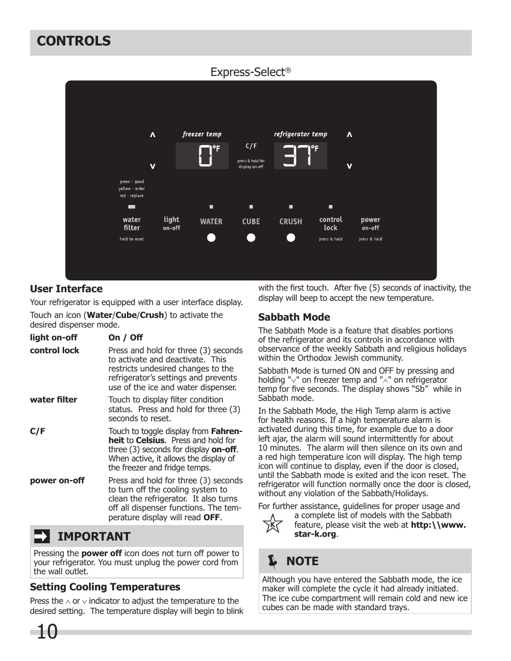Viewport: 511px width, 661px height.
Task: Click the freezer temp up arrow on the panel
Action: tap(153, 135)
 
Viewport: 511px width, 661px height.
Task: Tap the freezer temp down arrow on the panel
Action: tap(153, 166)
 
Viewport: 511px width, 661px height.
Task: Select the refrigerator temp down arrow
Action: tap(349, 166)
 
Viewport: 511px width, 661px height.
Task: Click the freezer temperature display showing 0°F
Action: tap(202, 156)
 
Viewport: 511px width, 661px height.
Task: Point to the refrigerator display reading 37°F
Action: tap(300, 156)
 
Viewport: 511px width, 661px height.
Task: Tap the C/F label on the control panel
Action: tap(251, 146)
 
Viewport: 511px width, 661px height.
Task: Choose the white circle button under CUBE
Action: tap(251, 238)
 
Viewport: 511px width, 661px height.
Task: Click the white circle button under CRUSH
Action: tap(291, 238)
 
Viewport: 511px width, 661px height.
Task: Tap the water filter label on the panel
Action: tap(132, 224)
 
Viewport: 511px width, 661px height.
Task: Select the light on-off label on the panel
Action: tap(171, 223)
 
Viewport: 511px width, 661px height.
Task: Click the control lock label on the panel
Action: tap(330, 224)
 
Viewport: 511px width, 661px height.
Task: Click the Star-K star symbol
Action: tap(273, 524)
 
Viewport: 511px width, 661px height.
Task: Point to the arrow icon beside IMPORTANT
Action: tap(42, 536)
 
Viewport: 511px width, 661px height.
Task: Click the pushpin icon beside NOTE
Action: tap(273, 561)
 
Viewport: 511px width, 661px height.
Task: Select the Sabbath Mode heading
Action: tap(294, 317)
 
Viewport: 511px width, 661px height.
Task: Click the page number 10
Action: tap(47, 632)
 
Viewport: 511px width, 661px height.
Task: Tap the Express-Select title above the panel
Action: tap(250, 72)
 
